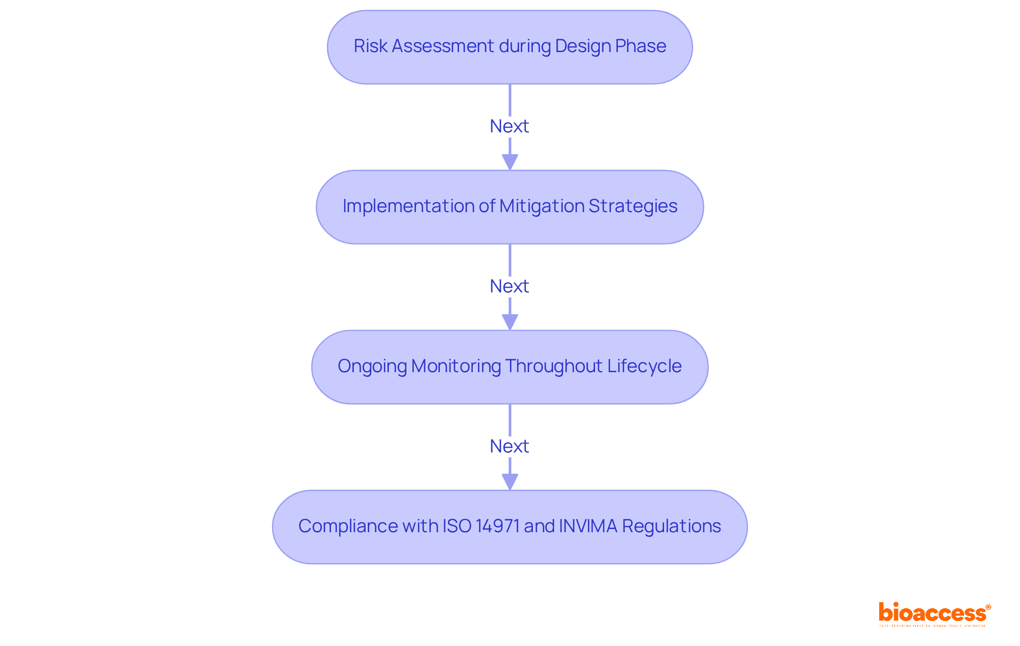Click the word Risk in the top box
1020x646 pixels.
point(370,46)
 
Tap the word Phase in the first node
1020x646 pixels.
point(641,46)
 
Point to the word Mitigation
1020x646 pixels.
point(542,206)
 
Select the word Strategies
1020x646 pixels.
point(633,206)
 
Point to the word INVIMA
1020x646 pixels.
point(588,526)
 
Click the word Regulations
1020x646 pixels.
point(671,526)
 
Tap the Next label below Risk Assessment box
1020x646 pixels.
point(509,127)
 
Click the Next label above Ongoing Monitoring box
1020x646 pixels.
point(509,287)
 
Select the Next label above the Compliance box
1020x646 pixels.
point(509,447)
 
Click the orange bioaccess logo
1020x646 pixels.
point(933,614)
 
